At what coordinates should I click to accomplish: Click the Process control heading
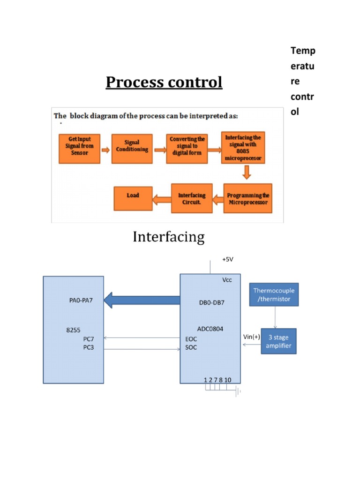pyautogui.click(x=164, y=82)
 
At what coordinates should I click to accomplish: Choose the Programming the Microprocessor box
pyautogui.click(x=247, y=199)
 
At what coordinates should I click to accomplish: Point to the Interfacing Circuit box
pyautogui.click(x=192, y=199)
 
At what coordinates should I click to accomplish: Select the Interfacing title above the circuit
pyautogui.click(x=168, y=237)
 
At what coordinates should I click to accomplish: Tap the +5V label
pyautogui.click(x=227, y=259)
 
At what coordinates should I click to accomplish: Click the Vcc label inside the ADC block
pyautogui.click(x=228, y=280)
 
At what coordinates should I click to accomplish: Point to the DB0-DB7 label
pyautogui.click(x=211, y=302)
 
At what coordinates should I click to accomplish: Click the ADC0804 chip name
pyautogui.click(x=210, y=329)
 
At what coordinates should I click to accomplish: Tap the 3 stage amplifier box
pyautogui.click(x=279, y=342)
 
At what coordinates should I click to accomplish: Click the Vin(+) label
pyautogui.click(x=252, y=337)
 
